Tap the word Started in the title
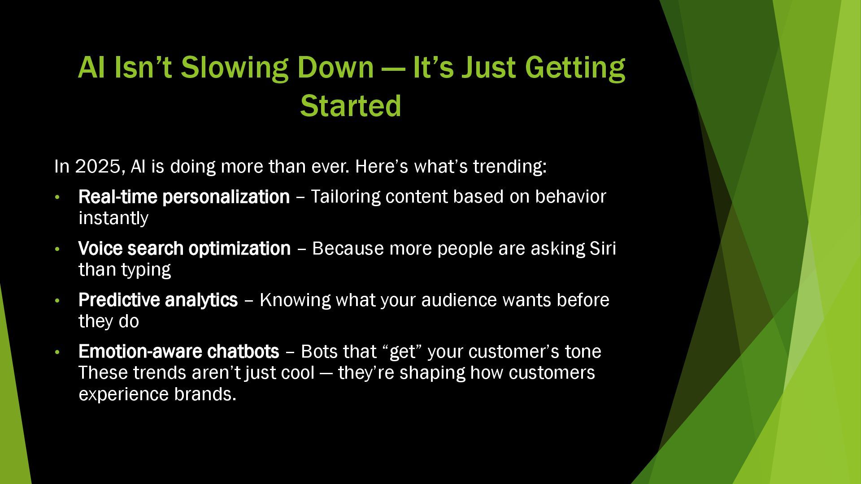(351, 106)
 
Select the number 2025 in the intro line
(98, 166)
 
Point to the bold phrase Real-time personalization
(184, 197)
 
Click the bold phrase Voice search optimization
(185, 249)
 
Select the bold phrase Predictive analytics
(158, 300)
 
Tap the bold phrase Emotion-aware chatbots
(179, 351)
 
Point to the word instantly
(113, 218)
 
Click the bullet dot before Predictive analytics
(57, 300)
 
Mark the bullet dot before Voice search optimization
(57, 249)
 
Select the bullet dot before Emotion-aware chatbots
(57, 352)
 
